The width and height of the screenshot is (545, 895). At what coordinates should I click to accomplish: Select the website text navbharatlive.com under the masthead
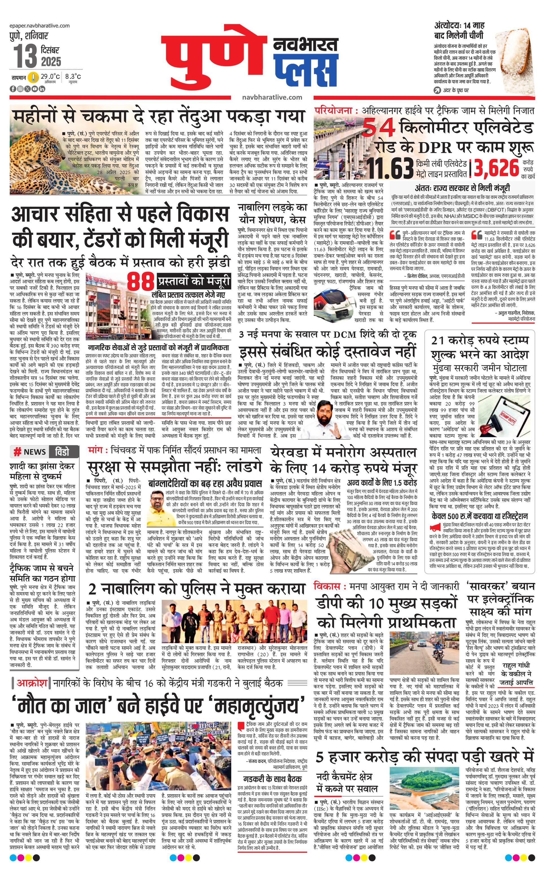coord(272,97)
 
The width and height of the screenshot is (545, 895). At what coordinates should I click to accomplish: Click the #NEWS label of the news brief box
coord(30,451)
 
